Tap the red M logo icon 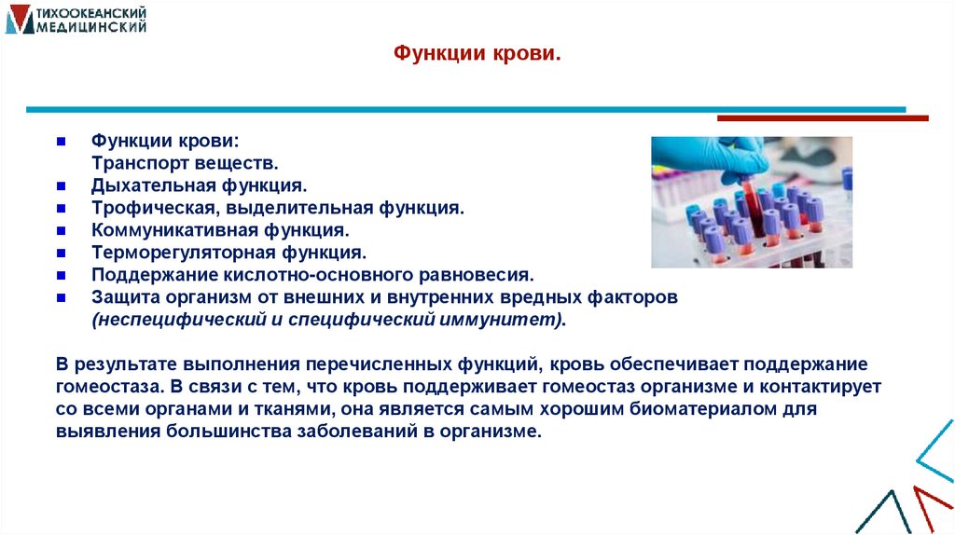[18, 20]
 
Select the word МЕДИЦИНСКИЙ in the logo [91, 28]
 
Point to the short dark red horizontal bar [822, 118]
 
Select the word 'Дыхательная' [147, 185]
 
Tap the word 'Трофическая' [145, 208]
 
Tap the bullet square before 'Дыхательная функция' [60, 185]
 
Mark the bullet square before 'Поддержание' [60, 275]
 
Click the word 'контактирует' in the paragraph [824, 384]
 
